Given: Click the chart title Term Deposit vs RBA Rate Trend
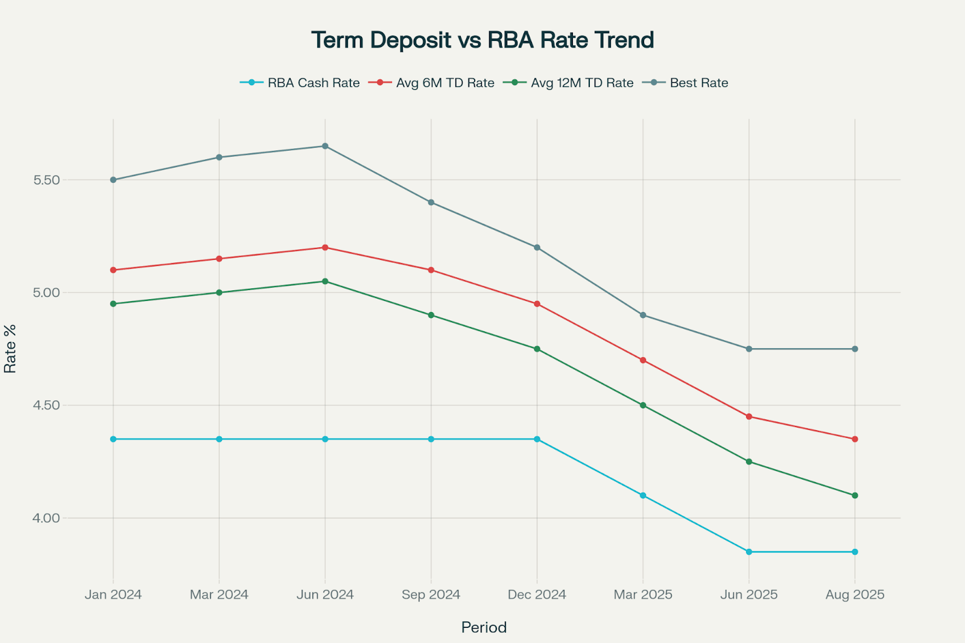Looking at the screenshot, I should pyautogui.click(x=482, y=40).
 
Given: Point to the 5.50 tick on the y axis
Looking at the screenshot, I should pyautogui.click(x=47, y=180).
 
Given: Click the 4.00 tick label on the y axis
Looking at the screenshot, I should pyautogui.click(x=47, y=518).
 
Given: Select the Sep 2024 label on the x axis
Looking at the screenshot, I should pyautogui.click(x=431, y=595).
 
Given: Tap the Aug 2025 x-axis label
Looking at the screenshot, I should pyautogui.click(x=855, y=595).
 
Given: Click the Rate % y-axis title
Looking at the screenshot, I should pyautogui.click(x=10, y=349).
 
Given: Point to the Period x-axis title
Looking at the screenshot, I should pyautogui.click(x=484, y=627).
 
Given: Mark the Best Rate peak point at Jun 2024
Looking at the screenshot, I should pyautogui.click(x=325, y=146).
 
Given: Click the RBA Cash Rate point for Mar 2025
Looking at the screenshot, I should pyautogui.click(x=643, y=495).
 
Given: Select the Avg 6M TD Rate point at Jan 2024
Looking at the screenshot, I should pyautogui.click(x=113, y=270).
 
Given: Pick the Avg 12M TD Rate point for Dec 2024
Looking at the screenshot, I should pyautogui.click(x=537, y=349).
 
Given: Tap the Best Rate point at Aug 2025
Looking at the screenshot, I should pyautogui.click(x=855, y=349).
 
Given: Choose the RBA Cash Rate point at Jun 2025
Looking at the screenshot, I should pyautogui.click(x=749, y=552).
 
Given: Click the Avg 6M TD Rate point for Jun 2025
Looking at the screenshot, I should pyautogui.click(x=749, y=416).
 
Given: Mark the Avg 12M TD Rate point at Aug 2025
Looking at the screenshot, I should pyautogui.click(x=855, y=495).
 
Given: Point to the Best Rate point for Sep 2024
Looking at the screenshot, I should pyautogui.click(x=431, y=202).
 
